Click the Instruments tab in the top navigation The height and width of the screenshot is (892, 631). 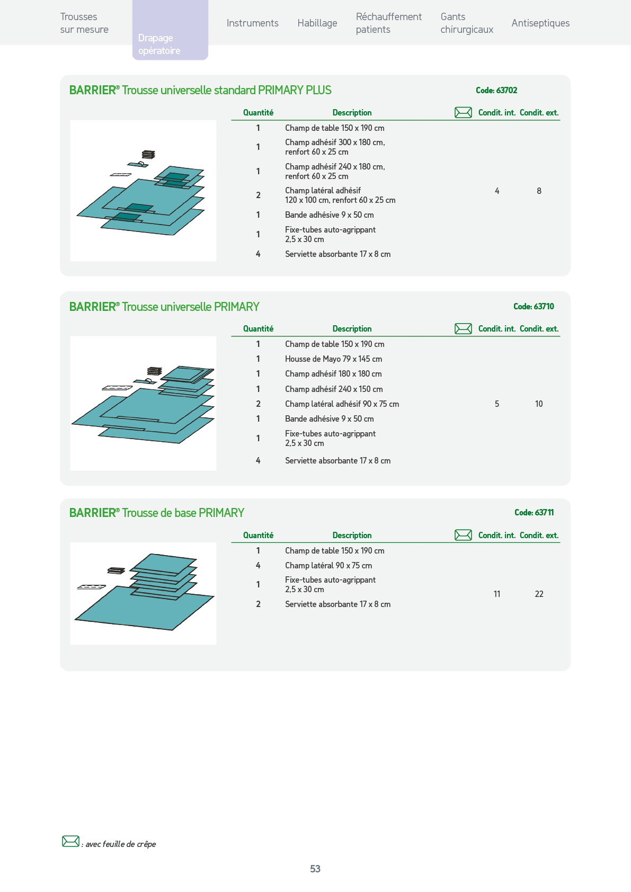click(x=253, y=23)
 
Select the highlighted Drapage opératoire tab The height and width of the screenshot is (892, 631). click(x=170, y=30)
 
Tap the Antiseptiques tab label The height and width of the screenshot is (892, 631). click(x=540, y=23)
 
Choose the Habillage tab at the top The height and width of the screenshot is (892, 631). click(x=317, y=23)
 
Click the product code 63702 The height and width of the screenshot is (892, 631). click(x=496, y=91)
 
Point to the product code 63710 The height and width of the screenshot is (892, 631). click(x=534, y=307)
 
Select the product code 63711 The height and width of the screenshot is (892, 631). click(x=534, y=513)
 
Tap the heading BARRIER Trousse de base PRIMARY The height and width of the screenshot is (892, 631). click(x=156, y=513)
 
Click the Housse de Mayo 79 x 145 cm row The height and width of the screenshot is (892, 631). click(x=333, y=359)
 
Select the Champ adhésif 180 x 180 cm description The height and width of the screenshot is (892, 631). click(x=333, y=374)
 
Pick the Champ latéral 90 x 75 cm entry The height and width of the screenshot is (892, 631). click(x=328, y=566)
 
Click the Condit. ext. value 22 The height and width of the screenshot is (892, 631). click(x=539, y=594)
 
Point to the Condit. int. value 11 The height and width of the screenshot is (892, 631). click(x=497, y=594)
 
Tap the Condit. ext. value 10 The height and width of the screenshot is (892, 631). click(x=539, y=404)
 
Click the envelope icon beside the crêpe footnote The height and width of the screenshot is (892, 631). click(x=71, y=841)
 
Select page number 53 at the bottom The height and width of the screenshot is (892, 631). click(x=315, y=869)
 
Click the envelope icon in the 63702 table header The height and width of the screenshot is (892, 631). click(x=463, y=113)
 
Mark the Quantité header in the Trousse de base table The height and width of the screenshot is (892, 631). click(x=258, y=535)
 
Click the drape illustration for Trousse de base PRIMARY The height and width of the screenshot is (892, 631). click(x=144, y=593)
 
